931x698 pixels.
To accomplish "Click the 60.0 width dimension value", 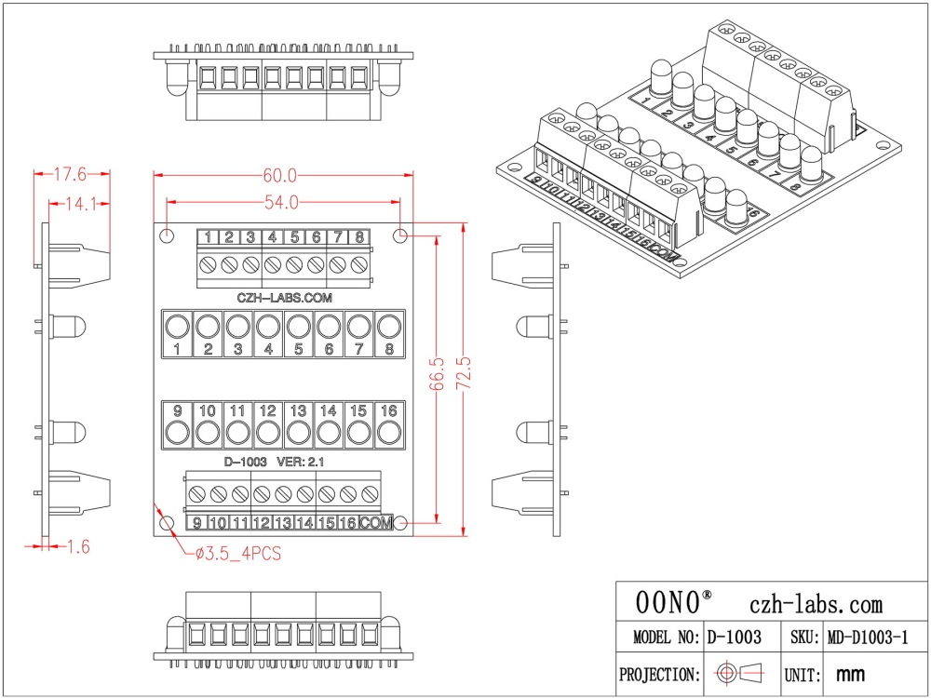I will click(x=280, y=175).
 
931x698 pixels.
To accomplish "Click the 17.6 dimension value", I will click(x=69, y=174).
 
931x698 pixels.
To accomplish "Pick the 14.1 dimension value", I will click(x=80, y=205).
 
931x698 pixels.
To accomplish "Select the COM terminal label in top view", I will click(x=376, y=523).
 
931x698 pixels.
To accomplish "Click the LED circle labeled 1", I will click(x=177, y=327).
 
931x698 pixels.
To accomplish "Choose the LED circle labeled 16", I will click(x=388, y=433).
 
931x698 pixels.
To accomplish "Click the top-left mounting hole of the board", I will click(x=168, y=235).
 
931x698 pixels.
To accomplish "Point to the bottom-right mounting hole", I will click(x=400, y=524).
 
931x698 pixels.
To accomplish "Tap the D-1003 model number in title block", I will click(x=735, y=638).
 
